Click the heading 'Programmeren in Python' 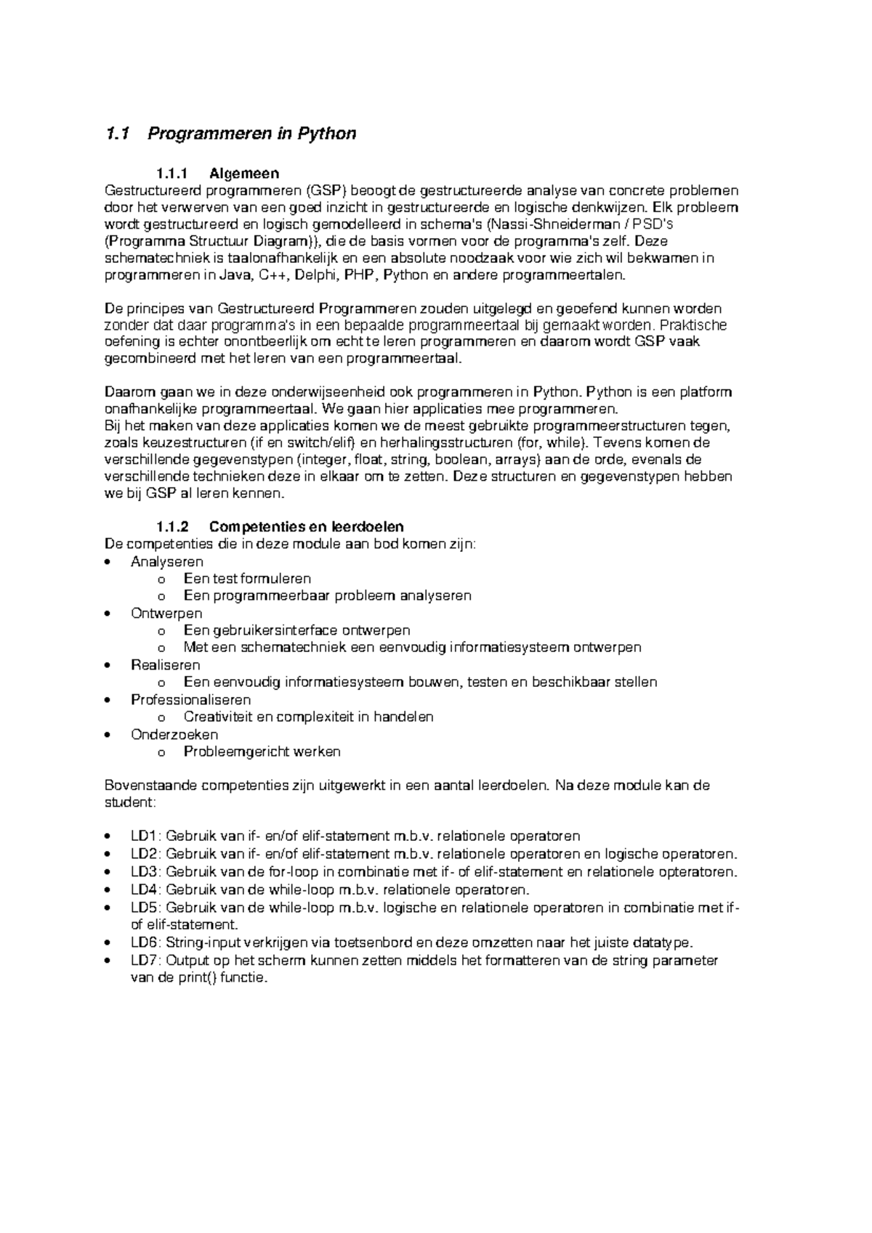251,134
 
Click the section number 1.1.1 171,174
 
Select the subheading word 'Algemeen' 243,174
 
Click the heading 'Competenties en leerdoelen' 306,526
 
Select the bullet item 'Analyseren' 166,561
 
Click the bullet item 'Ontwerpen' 166,613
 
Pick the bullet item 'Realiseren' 165,664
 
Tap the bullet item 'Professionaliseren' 190,699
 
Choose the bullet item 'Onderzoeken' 174,734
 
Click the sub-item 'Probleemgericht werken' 262,752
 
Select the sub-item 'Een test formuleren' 247,579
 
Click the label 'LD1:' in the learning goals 147,836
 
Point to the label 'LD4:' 147,890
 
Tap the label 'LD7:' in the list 147,961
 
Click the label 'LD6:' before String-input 147,943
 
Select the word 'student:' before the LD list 130,803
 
